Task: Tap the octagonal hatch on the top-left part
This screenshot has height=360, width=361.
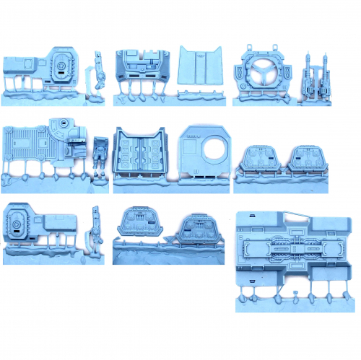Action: click(x=61, y=67)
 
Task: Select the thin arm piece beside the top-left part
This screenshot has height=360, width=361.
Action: click(x=99, y=72)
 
